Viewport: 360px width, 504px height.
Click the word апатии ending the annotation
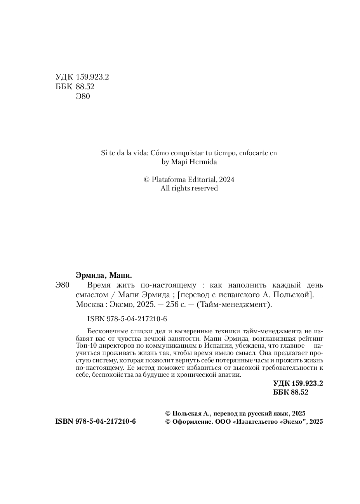[230, 375]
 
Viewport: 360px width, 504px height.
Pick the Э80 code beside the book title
[62, 286]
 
